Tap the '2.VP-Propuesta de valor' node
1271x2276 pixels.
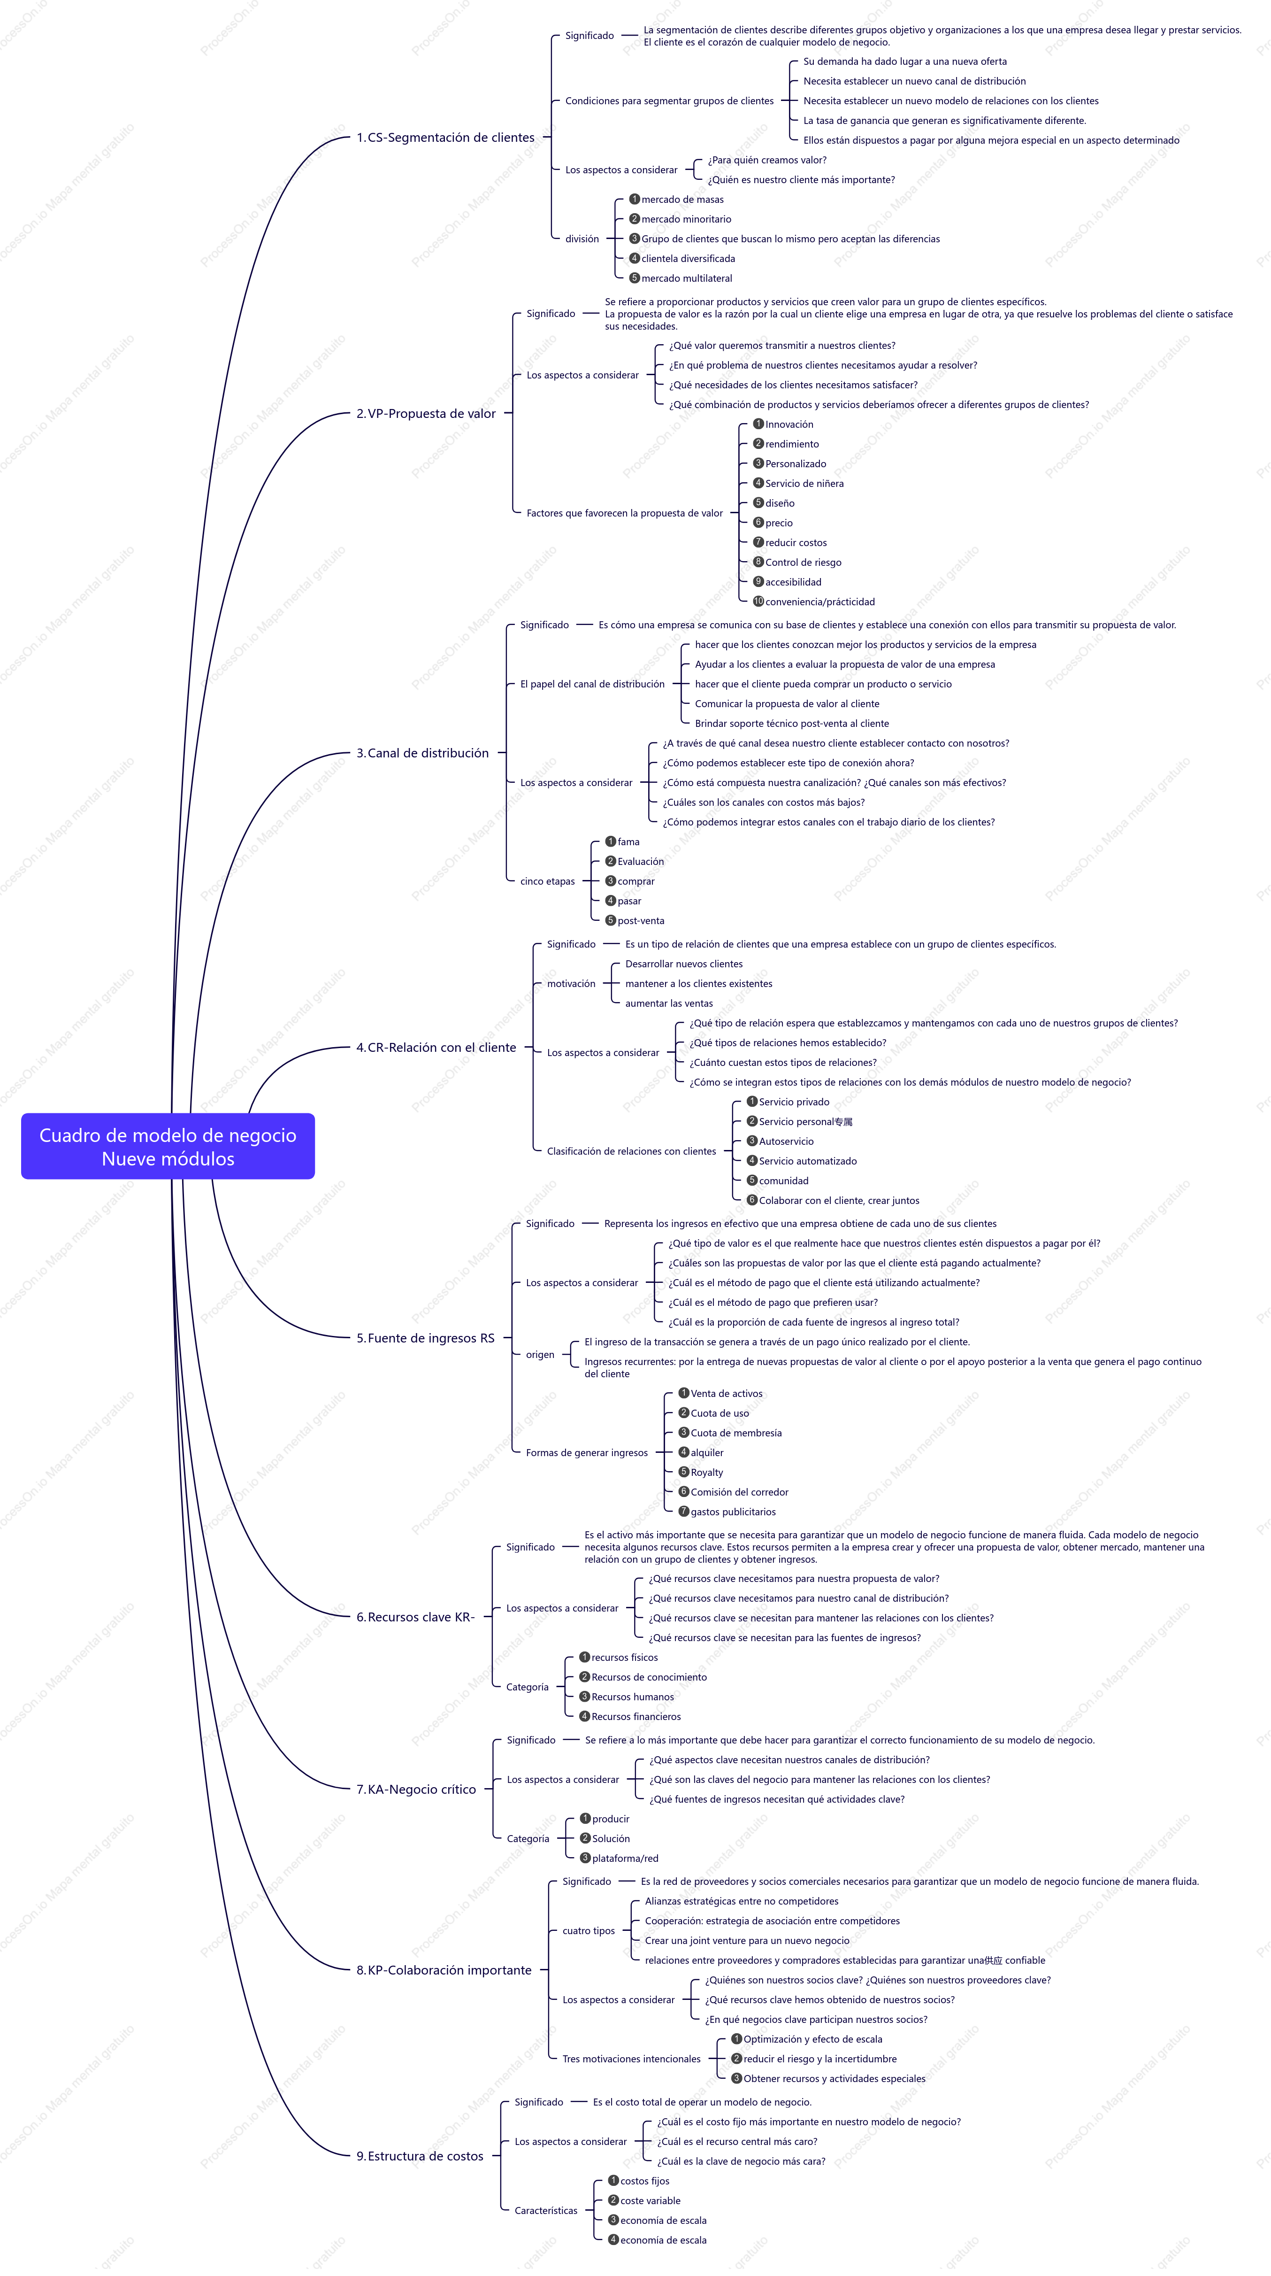click(426, 414)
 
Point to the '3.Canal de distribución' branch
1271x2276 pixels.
click(422, 753)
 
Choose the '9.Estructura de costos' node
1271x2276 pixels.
click(420, 2156)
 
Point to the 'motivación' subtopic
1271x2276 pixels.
click(572, 983)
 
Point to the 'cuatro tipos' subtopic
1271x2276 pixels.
click(588, 1930)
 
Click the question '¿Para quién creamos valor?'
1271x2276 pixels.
click(766, 160)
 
